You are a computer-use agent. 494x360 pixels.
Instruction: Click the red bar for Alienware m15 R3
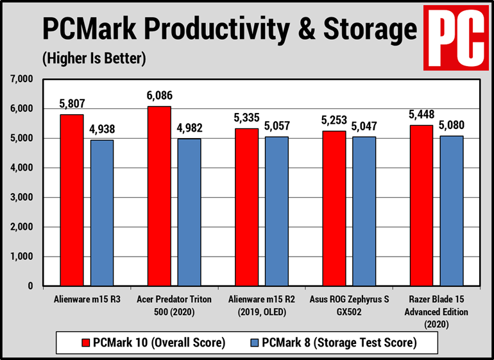pos(72,200)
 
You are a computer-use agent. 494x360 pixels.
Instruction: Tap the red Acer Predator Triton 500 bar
pos(159,196)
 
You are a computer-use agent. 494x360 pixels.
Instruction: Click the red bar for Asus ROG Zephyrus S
pos(334,209)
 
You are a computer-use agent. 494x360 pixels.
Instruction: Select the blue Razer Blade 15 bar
pos(451,211)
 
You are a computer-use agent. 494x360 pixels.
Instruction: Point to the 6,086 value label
pos(159,96)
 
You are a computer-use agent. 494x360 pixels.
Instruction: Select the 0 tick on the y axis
pos(29,286)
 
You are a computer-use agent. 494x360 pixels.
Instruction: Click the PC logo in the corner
pos(454,38)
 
